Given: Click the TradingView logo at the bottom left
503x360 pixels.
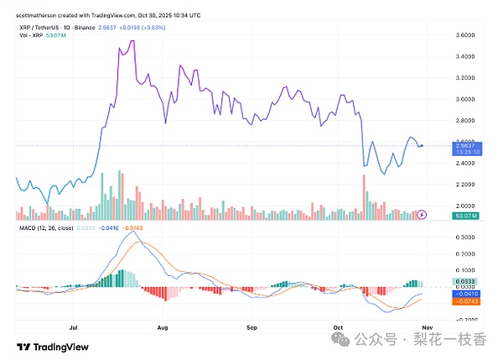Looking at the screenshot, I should coord(48,347).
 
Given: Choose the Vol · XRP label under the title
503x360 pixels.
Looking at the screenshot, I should coord(32,35).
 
